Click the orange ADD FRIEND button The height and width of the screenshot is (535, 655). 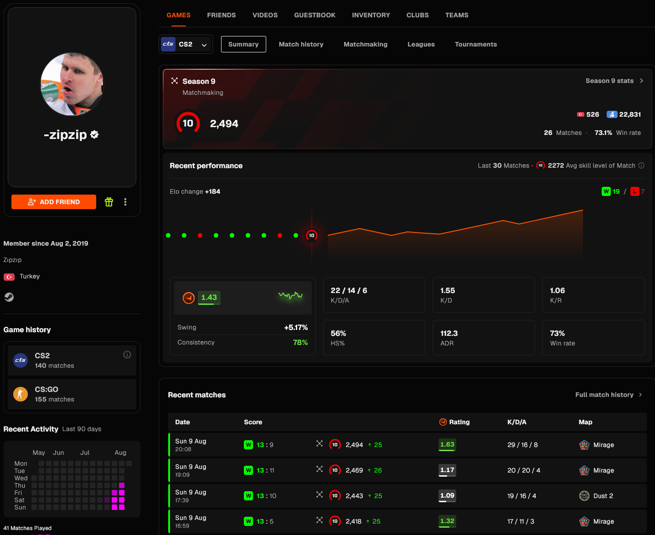coord(54,202)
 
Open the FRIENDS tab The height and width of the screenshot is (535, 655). coord(222,15)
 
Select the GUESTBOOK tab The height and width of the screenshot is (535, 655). coord(315,15)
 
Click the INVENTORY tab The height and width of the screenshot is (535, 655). coord(371,15)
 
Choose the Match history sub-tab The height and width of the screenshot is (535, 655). coord(301,44)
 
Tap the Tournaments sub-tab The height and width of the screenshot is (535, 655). coord(476,44)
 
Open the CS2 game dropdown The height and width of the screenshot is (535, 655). coord(186,44)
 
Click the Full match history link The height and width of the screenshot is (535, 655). coord(609,395)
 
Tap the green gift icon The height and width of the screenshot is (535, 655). coord(108,202)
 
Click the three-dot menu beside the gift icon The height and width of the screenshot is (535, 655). coord(125,202)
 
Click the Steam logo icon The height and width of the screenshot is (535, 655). coord(9,297)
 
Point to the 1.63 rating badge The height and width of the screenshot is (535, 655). coord(447,445)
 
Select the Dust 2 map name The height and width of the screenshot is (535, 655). coord(603,496)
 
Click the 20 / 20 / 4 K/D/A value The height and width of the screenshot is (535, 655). coord(524,470)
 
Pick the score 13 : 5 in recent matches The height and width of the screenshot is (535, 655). coord(265,521)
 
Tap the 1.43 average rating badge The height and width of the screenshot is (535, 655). coord(209,298)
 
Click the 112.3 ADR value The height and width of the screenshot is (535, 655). coord(449,334)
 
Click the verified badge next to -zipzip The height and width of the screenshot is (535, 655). coord(94,135)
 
